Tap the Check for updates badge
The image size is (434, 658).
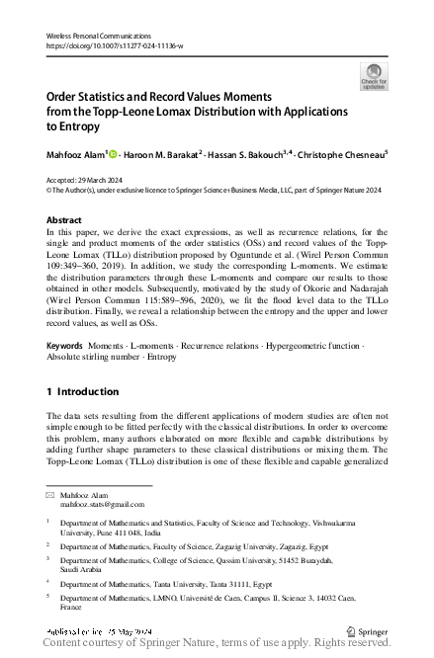(374, 76)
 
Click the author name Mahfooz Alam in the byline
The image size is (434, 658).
(77, 153)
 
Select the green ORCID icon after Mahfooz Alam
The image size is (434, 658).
(114, 153)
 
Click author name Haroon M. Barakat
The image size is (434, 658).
(162, 153)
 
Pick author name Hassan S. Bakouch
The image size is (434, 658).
(247, 153)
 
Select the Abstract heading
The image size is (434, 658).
(64, 220)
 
